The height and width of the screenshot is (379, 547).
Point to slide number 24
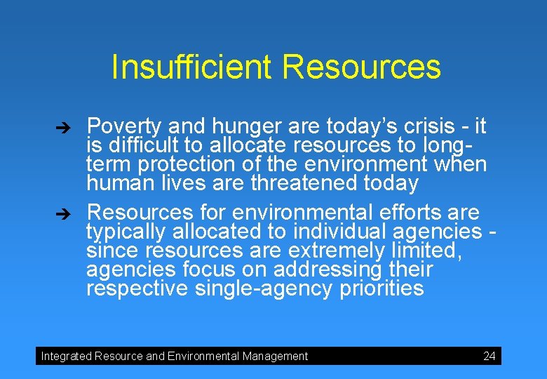(489, 356)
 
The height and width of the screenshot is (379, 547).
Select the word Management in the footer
(275, 357)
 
